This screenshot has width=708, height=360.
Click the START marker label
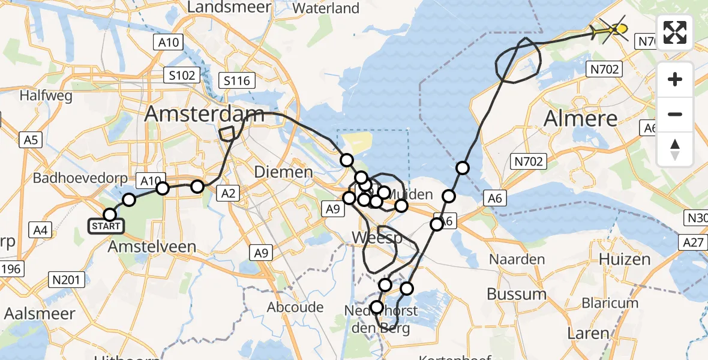point(106,226)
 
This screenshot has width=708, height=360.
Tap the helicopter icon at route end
point(613,28)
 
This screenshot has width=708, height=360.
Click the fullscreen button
point(675,32)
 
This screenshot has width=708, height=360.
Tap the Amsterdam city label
point(205,114)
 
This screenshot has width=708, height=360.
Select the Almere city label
point(580,118)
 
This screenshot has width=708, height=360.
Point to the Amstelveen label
point(152,247)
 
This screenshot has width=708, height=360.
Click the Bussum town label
point(517,294)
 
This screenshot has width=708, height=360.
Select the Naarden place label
point(517,259)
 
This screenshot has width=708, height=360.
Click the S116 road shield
point(238,80)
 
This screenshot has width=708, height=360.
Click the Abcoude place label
point(296,308)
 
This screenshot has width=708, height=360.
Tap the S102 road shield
point(181,76)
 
